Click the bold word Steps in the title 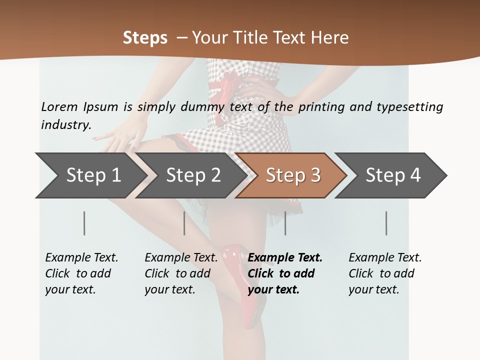[145, 37]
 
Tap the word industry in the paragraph [66, 125]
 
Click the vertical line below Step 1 [84, 223]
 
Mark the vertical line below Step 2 [184, 223]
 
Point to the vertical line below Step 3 [285, 223]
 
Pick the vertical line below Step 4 [386, 223]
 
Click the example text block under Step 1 [81, 273]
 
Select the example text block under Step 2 [180, 273]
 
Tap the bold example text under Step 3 [284, 273]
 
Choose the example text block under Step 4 [384, 273]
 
